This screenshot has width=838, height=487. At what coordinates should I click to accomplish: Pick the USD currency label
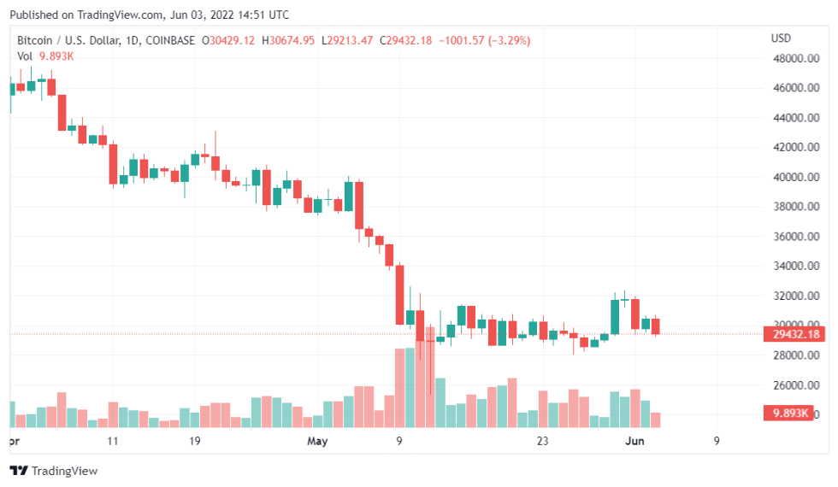tap(781, 38)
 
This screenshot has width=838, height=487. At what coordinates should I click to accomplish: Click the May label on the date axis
tap(317, 442)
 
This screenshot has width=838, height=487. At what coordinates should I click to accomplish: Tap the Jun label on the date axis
tap(634, 442)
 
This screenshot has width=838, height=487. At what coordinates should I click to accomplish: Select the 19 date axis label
tap(195, 442)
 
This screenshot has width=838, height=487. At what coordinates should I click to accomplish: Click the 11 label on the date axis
tap(113, 442)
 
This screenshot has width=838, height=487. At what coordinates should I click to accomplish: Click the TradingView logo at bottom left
tap(54, 471)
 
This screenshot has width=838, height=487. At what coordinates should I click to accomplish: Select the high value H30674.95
tap(287, 40)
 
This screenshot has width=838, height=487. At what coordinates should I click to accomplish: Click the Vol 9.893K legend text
tap(45, 56)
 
